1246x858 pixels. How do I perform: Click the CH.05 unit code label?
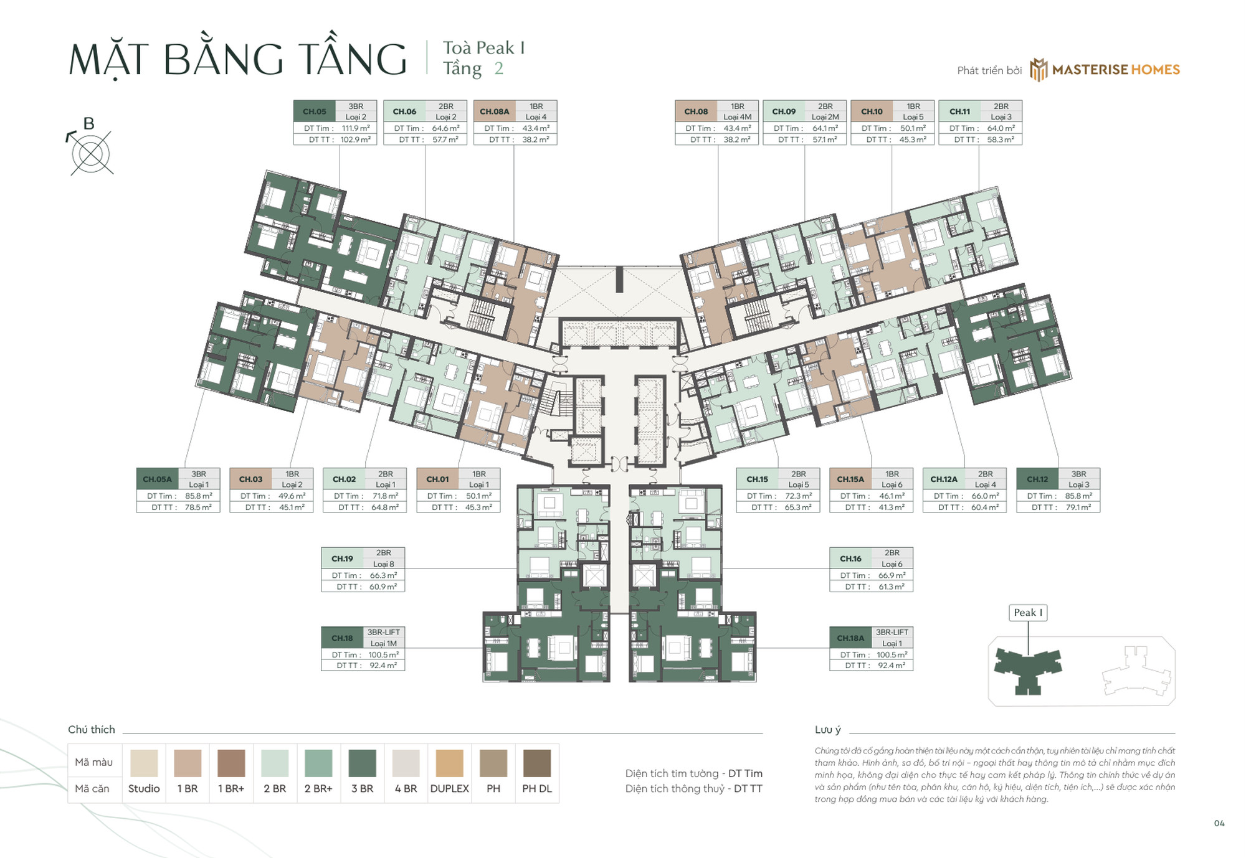[315, 111]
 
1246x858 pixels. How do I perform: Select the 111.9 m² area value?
[355, 128]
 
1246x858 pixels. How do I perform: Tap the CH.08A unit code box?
[494, 111]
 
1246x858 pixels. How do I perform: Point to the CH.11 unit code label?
[959, 111]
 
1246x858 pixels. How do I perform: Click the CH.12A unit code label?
[943, 479]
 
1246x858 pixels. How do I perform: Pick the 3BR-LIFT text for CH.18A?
[892, 632]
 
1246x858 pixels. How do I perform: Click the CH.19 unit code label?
[342, 559]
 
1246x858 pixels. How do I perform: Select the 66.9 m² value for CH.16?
[891, 575]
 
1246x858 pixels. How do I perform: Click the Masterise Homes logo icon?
[1038, 70]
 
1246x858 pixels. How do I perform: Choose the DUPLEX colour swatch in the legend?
[449, 763]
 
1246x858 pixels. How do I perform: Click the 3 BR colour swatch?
[362, 763]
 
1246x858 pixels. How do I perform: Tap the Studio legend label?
[144, 788]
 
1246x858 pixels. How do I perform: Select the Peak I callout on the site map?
[1027, 613]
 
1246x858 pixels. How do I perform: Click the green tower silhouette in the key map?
[1027, 669]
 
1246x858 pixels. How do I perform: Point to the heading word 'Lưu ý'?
[827, 730]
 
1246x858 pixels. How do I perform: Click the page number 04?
[1219, 823]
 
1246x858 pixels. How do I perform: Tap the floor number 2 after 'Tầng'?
[498, 68]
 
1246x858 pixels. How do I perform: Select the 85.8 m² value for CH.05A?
[198, 496]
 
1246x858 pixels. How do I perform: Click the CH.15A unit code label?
[850, 479]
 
